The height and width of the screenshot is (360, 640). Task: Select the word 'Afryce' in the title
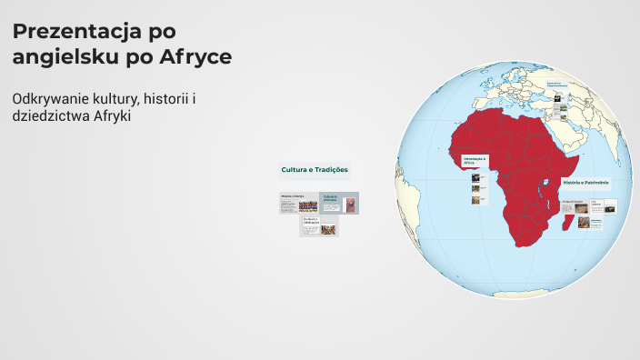coord(195,56)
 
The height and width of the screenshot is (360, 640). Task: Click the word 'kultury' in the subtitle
coord(128,97)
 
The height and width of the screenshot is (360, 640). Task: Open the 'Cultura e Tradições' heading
coord(315,170)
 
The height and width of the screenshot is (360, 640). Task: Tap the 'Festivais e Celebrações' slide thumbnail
coord(318,226)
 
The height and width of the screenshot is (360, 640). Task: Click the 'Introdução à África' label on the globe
coord(475,160)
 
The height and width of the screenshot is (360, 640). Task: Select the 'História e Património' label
coord(579,182)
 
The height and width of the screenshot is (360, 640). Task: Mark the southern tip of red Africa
coord(521,244)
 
